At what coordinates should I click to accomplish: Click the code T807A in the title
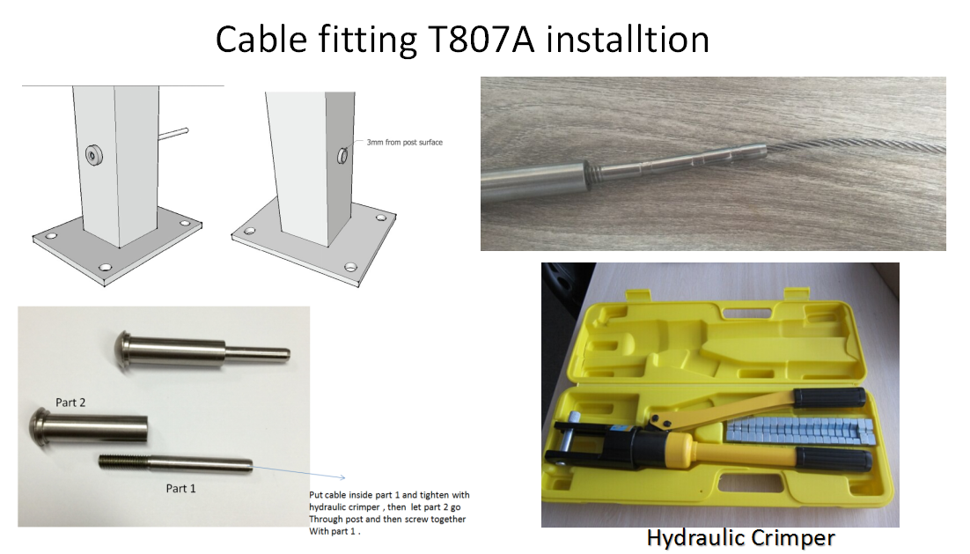[480, 40]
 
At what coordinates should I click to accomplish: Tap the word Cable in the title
[261, 40]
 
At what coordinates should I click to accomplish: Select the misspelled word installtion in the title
[628, 40]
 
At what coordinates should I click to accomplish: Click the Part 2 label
[70, 403]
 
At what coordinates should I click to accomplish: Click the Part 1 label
[180, 489]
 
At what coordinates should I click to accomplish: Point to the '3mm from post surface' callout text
[405, 143]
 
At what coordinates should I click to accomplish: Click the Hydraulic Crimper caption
[740, 538]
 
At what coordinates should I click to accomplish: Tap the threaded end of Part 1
[124, 462]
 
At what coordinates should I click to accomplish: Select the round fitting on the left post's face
[94, 155]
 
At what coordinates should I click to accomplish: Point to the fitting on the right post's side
[342, 155]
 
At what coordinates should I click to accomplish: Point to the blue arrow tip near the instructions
[343, 477]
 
